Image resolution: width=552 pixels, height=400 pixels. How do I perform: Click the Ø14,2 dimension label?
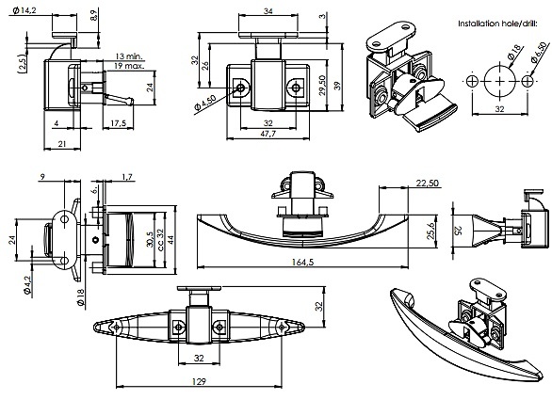[24, 10]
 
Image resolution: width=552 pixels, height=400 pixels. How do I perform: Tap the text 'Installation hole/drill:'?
[497, 24]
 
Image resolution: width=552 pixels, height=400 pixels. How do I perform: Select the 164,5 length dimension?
[302, 262]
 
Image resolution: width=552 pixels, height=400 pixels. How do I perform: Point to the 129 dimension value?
[199, 381]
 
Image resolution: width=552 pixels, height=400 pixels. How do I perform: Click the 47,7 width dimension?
[268, 134]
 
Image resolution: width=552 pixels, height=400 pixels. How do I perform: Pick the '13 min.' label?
[129, 56]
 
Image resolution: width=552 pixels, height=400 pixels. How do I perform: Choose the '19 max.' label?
[129, 66]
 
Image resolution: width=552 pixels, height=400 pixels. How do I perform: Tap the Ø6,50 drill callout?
[540, 52]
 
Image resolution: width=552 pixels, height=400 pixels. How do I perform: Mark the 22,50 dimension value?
[428, 183]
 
